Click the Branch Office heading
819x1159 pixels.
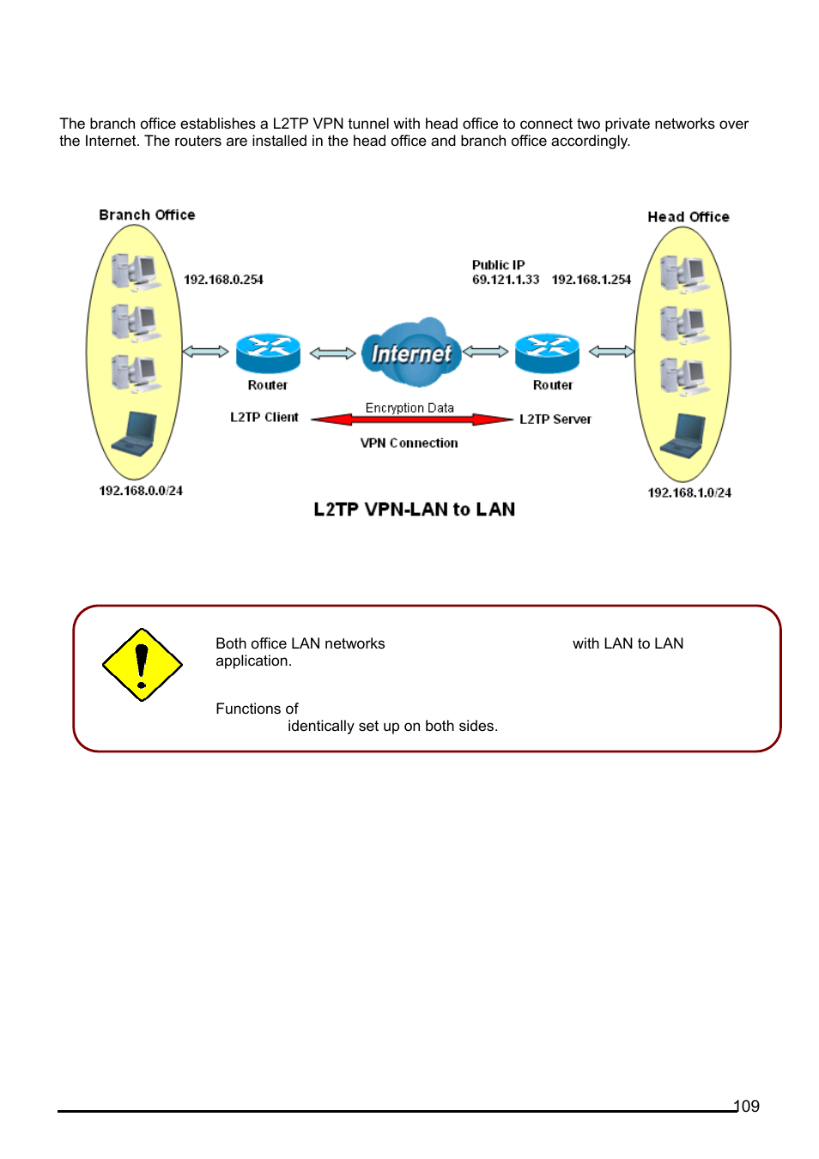tap(147, 214)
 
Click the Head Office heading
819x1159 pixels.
tap(688, 217)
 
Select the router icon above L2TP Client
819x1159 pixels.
tap(268, 352)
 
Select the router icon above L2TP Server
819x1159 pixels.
tap(547, 352)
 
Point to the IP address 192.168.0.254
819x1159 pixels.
tap(223, 280)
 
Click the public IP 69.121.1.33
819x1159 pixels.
tap(505, 280)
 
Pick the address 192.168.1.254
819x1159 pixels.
tap(591, 280)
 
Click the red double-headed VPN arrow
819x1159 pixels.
tap(411, 420)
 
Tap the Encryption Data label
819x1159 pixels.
tap(409, 407)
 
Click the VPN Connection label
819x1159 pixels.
tap(409, 443)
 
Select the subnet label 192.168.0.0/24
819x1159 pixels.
tap(141, 491)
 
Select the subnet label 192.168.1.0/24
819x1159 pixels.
tap(689, 492)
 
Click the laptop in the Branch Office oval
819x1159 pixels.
tap(136, 433)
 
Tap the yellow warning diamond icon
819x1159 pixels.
tap(142, 665)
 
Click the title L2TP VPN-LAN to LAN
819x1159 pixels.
tap(414, 510)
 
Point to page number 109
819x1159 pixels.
tap(747, 1106)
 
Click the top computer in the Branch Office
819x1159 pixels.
tap(136, 272)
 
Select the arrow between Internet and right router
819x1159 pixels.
tap(486, 352)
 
